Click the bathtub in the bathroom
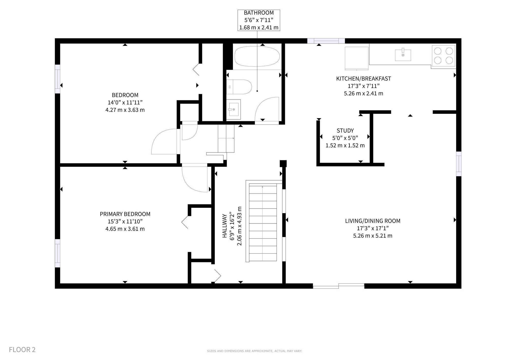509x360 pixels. [x=257, y=56]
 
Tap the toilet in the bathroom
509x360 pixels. [x=239, y=87]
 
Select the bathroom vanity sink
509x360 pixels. [x=233, y=109]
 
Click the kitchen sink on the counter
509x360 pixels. [x=403, y=55]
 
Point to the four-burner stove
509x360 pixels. [x=444, y=56]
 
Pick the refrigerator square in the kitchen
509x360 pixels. [x=357, y=58]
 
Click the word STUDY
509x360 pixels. [x=345, y=131]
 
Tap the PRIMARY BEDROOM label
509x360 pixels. [x=125, y=214]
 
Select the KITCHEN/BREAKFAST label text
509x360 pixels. [x=363, y=79]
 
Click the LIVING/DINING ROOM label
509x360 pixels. [x=373, y=221]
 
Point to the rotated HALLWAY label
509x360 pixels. [x=224, y=226]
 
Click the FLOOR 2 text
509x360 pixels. [x=22, y=350]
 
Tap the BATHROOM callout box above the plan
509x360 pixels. [x=259, y=20]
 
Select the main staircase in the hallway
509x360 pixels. [x=263, y=222]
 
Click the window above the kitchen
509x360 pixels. [x=326, y=41]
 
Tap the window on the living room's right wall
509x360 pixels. [x=459, y=164]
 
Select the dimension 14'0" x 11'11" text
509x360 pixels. [x=125, y=103]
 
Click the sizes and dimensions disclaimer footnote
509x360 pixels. [x=254, y=351]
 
